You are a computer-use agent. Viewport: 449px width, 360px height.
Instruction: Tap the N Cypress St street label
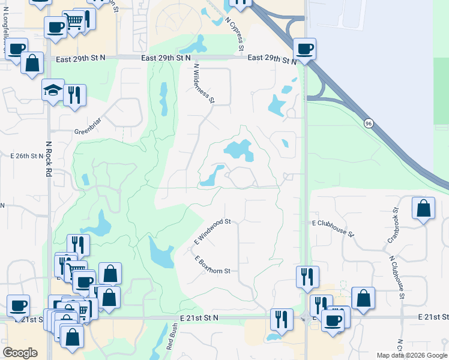(x=235, y=34)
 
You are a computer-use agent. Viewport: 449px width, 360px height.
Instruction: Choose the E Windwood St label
(x=212, y=230)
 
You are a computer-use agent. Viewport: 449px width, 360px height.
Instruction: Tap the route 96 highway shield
(x=367, y=122)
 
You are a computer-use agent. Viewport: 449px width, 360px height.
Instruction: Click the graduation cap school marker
(x=52, y=91)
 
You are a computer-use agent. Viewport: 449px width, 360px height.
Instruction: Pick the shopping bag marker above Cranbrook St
(x=423, y=208)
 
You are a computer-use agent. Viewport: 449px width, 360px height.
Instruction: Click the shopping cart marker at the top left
(x=73, y=22)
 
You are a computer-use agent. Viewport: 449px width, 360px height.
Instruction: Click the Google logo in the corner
(x=20, y=353)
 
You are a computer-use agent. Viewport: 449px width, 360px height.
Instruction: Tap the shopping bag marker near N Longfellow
(x=32, y=62)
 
